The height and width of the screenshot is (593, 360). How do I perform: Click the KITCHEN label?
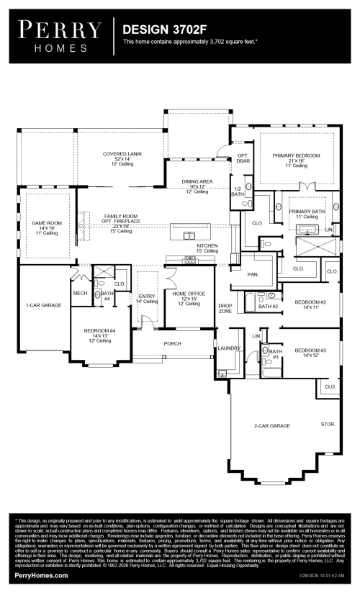pos(207,245)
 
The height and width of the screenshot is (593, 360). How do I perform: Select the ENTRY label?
pos(147,296)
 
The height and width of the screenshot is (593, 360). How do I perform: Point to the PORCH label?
pos(172,343)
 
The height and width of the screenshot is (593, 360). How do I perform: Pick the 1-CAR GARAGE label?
pos(44,305)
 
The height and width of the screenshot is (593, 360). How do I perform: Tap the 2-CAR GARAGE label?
pos(271,426)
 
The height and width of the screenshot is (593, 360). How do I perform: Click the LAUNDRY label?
pos(228,348)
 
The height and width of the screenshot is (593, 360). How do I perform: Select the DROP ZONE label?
pos(225,308)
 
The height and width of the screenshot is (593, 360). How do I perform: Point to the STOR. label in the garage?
pos(328,425)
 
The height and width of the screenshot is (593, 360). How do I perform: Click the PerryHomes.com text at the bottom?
pos(41,576)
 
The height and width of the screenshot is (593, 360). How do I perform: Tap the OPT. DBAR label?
pos(243,158)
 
